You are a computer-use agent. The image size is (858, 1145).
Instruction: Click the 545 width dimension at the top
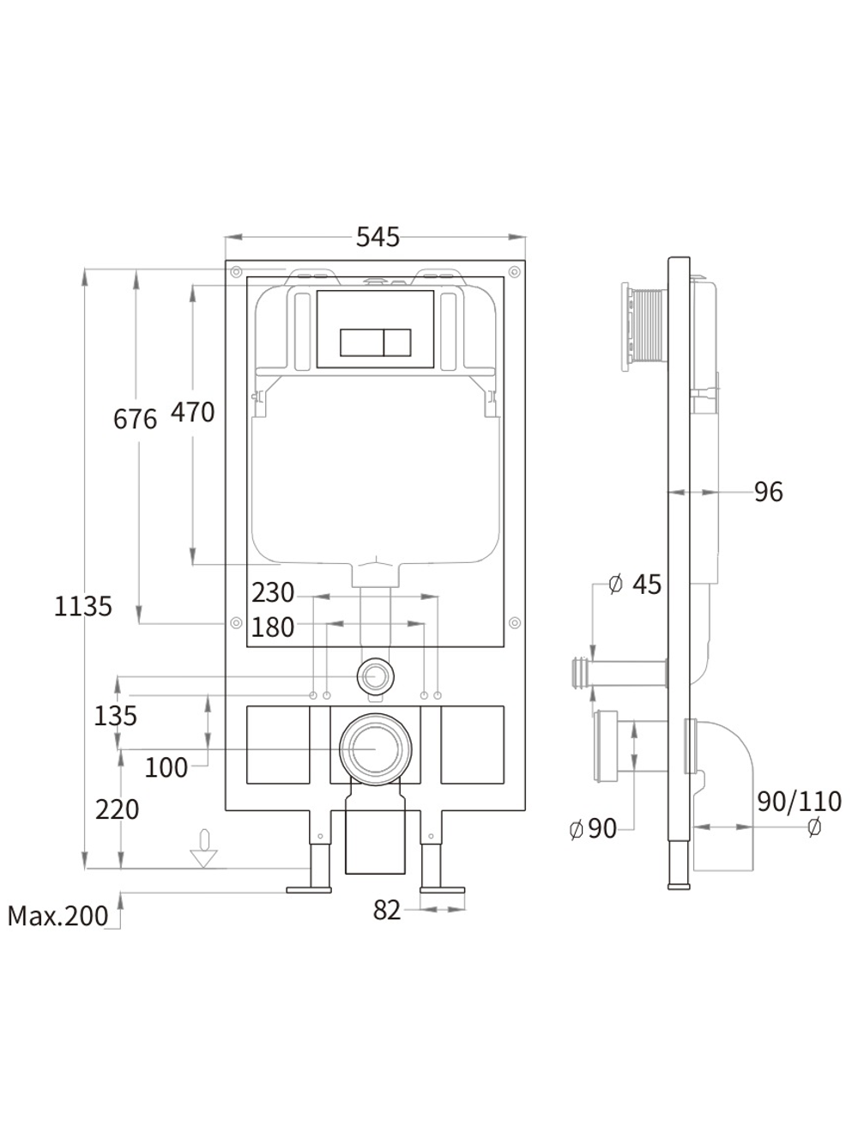tap(378, 237)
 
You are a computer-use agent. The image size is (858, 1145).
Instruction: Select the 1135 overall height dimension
tap(83, 607)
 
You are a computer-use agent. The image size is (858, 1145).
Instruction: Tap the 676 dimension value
tap(136, 419)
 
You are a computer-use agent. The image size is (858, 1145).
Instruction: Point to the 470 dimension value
tap(192, 413)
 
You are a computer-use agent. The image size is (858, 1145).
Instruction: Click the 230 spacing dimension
tap(273, 593)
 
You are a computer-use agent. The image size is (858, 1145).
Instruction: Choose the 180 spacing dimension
tap(273, 627)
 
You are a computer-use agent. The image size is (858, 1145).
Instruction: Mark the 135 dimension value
tap(115, 715)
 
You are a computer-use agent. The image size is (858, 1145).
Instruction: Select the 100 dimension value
tap(166, 767)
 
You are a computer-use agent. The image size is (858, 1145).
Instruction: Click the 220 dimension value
tap(117, 809)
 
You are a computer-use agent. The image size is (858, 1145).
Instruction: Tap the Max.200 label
tap(58, 917)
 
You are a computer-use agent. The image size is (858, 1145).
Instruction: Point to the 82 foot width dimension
tap(387, 911)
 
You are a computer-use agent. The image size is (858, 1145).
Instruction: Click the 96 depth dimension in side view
tap(769, 492)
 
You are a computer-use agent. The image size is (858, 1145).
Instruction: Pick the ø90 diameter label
tap(594, 828)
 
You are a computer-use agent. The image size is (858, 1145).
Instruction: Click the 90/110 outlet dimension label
tap(799, 802)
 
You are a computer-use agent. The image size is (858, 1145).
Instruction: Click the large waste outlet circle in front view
tap(374, 747)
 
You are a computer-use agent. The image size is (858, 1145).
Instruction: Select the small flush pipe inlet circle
tap(374, 675)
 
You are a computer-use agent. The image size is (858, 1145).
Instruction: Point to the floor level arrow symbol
tap(203, 849)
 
